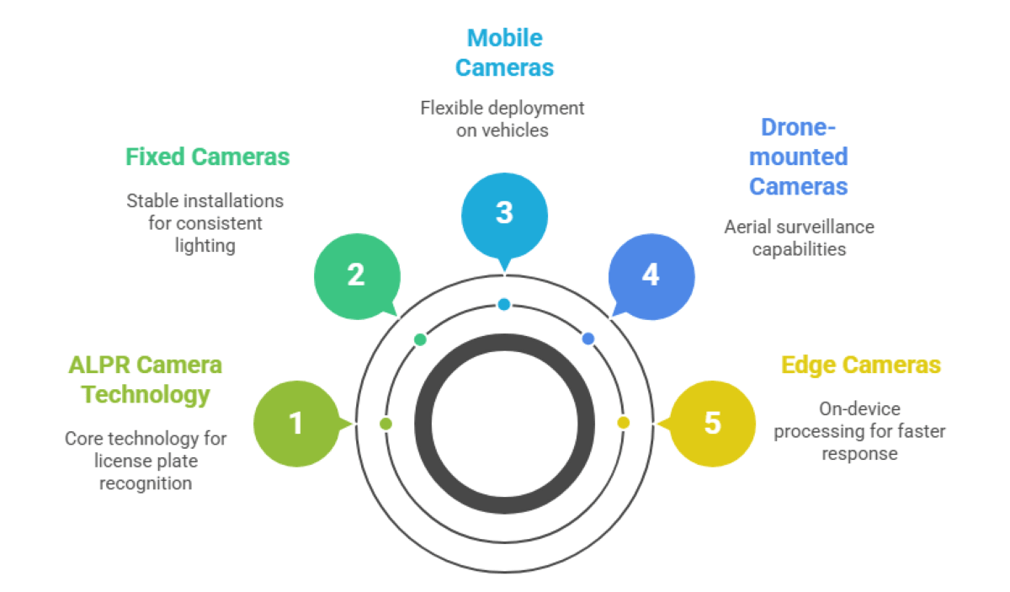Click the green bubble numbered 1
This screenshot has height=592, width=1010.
295,423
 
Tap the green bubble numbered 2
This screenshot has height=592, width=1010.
356,275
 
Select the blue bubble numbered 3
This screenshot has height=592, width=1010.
504,213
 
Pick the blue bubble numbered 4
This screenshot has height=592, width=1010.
651,275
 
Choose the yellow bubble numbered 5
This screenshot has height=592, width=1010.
713,423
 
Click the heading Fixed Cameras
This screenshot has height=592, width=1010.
208,157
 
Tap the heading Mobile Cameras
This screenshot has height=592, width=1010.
505,52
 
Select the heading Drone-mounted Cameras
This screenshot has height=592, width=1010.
798,156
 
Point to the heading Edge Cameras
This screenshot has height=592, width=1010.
861,365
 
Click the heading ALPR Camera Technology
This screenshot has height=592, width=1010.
145,379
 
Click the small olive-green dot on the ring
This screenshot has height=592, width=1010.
385,424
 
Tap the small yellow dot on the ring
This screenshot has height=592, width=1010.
623,423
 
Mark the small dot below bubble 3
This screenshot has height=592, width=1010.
504,304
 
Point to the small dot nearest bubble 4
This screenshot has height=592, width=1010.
588,339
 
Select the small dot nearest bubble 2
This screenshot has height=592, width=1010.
420,339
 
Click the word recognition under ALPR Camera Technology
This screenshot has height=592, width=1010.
146,483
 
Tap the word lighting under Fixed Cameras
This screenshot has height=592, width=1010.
205,245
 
